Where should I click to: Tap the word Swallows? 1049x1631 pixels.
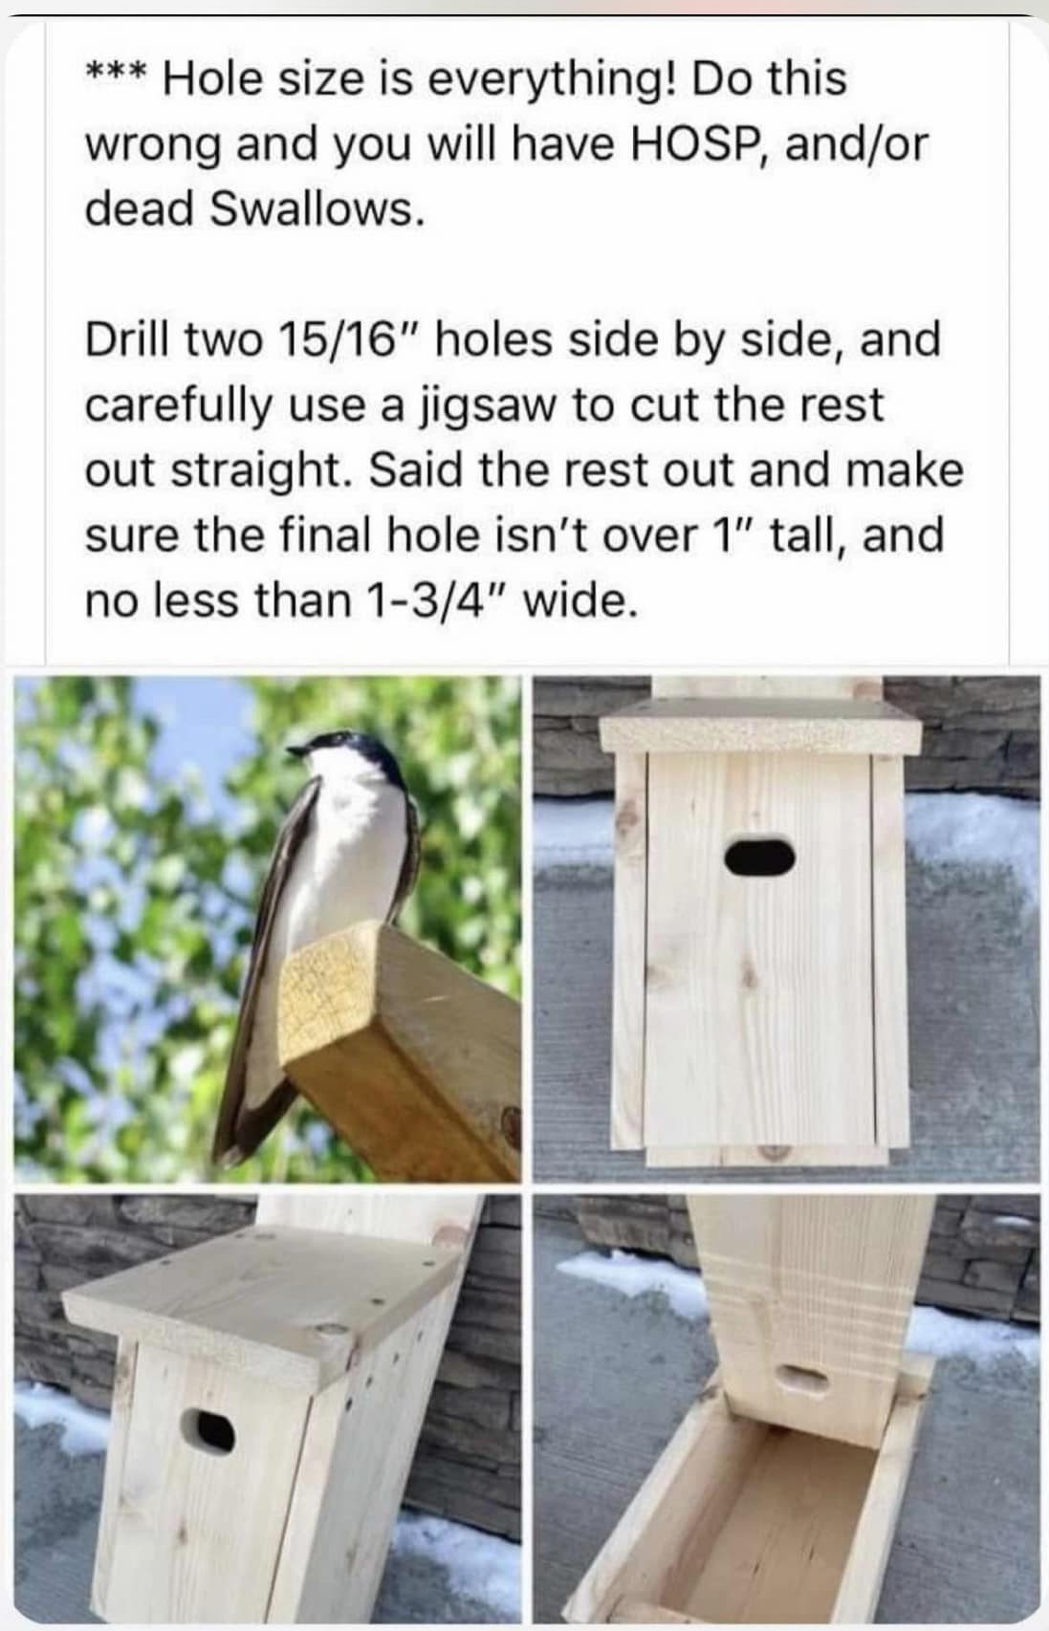[x=317, y=209]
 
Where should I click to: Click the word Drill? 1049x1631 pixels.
[x=130, y=340]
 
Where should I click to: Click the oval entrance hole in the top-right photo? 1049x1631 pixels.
[x=760, y=857]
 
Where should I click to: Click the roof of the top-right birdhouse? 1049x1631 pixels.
[x=760, y=726]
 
